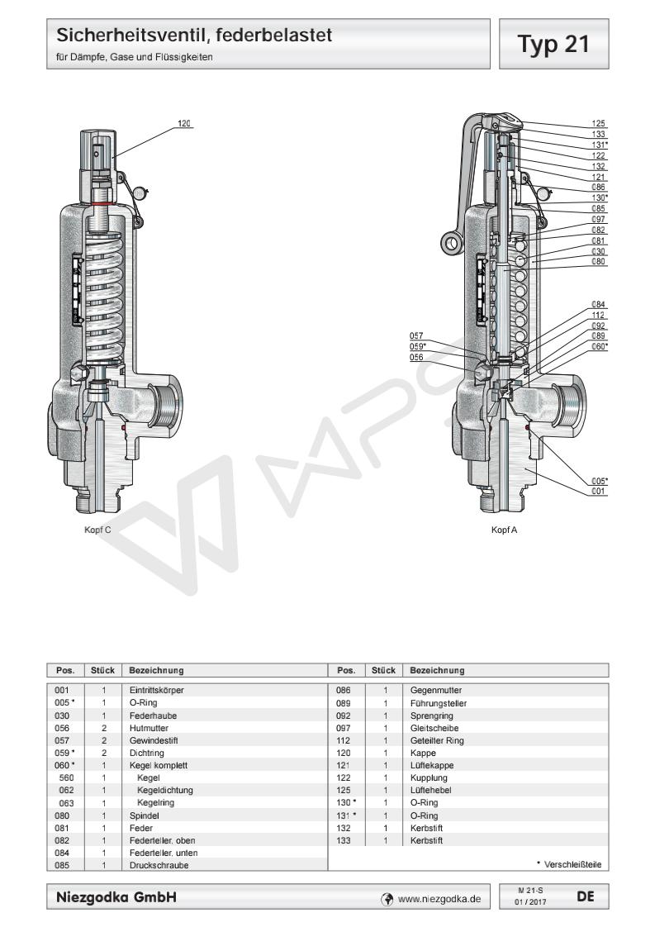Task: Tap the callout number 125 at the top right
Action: tap(600, 122)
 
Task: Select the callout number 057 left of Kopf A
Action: tap(416, 335)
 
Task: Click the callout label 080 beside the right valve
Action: tap(600, 262)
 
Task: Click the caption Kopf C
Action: tap(97, 530)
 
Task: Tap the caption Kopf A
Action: tap(502, 530)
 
